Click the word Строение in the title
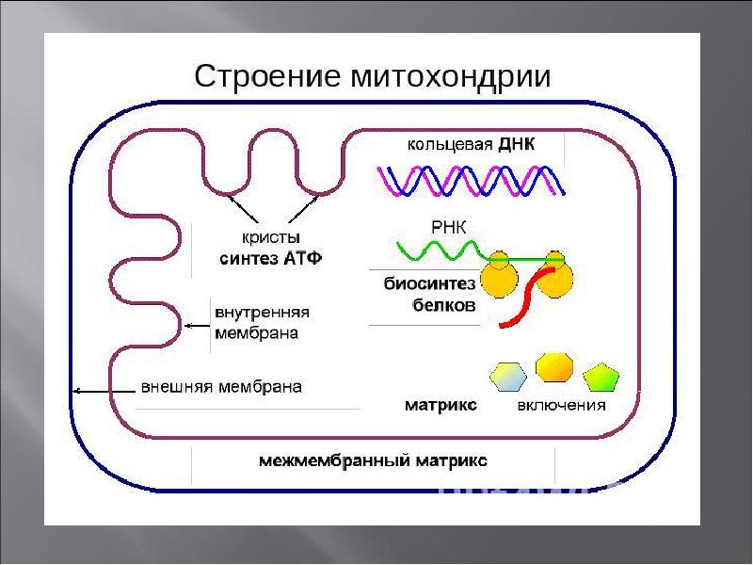click(267, 76)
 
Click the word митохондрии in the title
click(451, 76)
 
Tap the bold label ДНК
click(516, 144)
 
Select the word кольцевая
click(450, 145)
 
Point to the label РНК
click(449, 227)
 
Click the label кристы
click(271, 238)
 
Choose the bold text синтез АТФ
click(271, 258)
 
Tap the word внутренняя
click(262, 313)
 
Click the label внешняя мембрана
click(221, 387)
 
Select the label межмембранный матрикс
click(373, 460)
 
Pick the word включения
click(561, 406)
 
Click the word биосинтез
click(429, 283)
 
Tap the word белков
click(444, 304)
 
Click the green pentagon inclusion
click(601, 378)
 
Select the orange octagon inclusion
click(554, 367)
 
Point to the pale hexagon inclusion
click(508, 377)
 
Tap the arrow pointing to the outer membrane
click(104, 392)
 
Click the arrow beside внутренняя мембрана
click(198, 326)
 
